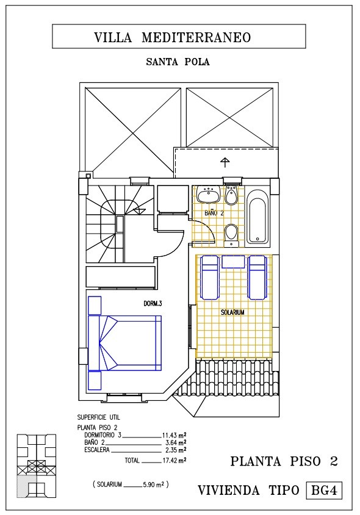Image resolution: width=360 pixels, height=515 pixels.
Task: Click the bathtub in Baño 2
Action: (x=257, y=217)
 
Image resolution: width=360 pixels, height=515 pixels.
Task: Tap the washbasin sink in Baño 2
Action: (x=208, y=195)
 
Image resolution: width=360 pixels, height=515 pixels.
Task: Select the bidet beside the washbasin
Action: (x=232, y=196)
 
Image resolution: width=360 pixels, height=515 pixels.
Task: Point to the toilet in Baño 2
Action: (x=232, y=235)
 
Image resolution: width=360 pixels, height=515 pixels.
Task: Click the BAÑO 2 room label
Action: (x=214, y=213)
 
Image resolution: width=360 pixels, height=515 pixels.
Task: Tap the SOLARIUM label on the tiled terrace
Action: (x=232, y=312)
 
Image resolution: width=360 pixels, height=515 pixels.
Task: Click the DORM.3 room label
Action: (x=153, y=303)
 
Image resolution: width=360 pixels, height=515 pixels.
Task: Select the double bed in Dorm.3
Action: (x=125, y=343)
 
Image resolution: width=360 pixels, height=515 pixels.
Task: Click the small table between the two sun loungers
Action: (x=233, y=262)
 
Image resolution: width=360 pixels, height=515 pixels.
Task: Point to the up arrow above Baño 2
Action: (x=225, y=162)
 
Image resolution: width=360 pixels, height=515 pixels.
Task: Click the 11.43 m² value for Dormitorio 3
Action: (x=175, y=435)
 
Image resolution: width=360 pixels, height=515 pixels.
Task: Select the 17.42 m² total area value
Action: (x=175, y=461)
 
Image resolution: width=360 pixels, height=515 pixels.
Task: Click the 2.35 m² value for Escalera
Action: (x=176, y=450)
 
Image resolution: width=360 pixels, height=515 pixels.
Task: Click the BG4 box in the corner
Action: (x=324, y=491)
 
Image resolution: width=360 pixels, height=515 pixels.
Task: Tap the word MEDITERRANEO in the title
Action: (x=196, y=37)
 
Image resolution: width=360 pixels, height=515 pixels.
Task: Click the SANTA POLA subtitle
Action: (x=178, y=62)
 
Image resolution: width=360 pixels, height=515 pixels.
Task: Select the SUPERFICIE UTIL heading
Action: (x=98, y=417)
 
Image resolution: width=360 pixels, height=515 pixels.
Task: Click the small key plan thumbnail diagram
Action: (x=37, y=466)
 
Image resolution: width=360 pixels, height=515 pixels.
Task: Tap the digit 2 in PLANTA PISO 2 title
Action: (x=333, y=461)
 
